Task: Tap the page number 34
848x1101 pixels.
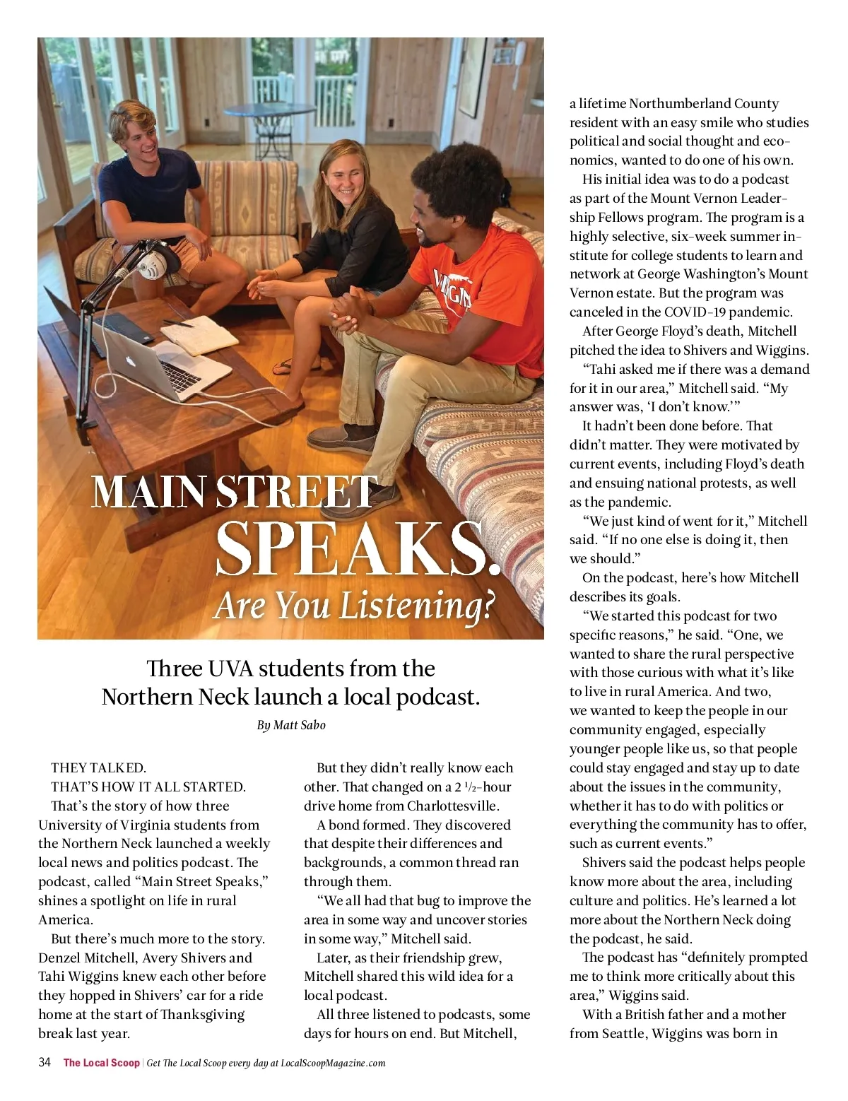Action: point(45,1062)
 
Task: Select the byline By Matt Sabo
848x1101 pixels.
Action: point(290,725)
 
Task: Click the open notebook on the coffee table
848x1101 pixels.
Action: point(200,330)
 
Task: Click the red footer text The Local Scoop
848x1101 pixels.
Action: point(101,1063)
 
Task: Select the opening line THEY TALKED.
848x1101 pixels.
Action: point(98,767)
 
